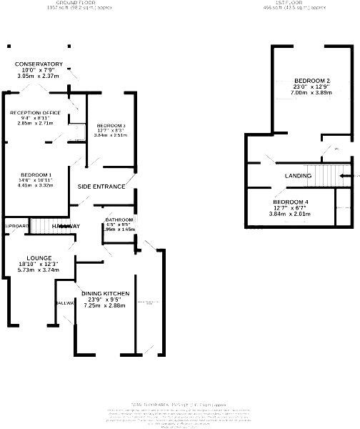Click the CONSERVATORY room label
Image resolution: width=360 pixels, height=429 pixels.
[39, 64]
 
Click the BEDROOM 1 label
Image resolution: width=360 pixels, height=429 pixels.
[36, 175]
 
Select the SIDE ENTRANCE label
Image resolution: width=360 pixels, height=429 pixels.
[101, 187]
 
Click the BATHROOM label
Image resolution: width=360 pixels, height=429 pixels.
[119, 219]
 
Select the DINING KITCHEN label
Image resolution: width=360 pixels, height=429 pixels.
[105, 294]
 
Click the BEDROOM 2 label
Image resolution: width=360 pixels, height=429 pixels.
[311, 79]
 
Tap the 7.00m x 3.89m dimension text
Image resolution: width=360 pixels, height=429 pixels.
[311, 93]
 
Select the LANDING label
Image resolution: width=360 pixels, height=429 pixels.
[298, 176]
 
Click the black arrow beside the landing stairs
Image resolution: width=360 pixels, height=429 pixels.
[346, 175]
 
